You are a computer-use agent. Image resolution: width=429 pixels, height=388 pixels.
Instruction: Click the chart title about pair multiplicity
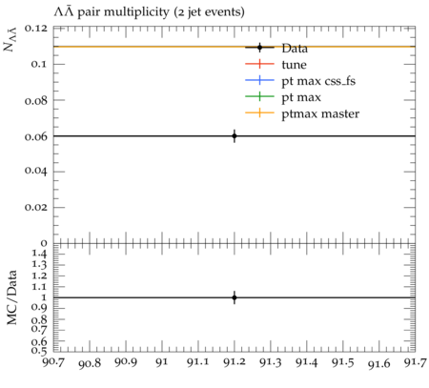pyautogui.click(x=149, y=12)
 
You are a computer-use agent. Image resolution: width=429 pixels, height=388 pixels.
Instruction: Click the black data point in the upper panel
pyautogui.click(x=235, y=136)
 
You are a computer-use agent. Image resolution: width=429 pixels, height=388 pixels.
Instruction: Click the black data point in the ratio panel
pyautogui.click(x=235, y=297)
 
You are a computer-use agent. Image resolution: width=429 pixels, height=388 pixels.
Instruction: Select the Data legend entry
pyautogui.click(x=276, y=48)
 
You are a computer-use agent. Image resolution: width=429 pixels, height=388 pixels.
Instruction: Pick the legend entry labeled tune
pyautogui.click(x=276, y=64)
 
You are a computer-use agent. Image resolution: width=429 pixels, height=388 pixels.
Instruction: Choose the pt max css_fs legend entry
pyautogui.click(x=300, y=81)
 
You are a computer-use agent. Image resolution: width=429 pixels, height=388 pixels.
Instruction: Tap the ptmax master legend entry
pyautogui.click(x=302, y=113)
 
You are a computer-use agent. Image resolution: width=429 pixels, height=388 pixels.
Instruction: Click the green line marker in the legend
pyautogui.click(x=259, y=97)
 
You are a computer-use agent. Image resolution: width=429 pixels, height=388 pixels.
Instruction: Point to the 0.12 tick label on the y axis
pyautogui.click(x=36, y=29)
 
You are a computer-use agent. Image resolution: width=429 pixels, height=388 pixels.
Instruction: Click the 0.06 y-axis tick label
pyautogui.click(x=36, y=136)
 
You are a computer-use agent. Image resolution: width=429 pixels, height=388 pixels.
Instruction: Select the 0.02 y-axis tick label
pyautogui.click(x=36, y=207)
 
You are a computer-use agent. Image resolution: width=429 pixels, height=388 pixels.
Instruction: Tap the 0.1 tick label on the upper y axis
pyautogui.click(x=39, y=64)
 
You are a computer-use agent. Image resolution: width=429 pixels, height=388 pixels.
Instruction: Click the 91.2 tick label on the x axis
pyautogui.click(x=235, y=362)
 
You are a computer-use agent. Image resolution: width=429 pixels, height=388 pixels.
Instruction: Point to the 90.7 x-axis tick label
pyautogui.click(x=53, y=362)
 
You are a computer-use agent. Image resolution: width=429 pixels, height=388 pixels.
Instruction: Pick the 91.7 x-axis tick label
pyautogui.click(x=415, y=362)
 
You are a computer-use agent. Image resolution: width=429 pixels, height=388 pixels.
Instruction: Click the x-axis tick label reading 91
pyautogui.click(x=162, y=362)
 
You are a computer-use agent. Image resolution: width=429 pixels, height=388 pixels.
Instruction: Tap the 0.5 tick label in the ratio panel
pyautogui.click(x=39, y=351)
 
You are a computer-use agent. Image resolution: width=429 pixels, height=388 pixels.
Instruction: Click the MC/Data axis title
pyautogui.click(x=11, y=297)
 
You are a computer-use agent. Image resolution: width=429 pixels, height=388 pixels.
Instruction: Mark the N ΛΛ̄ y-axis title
pyautogui.click(x=10, y=39)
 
